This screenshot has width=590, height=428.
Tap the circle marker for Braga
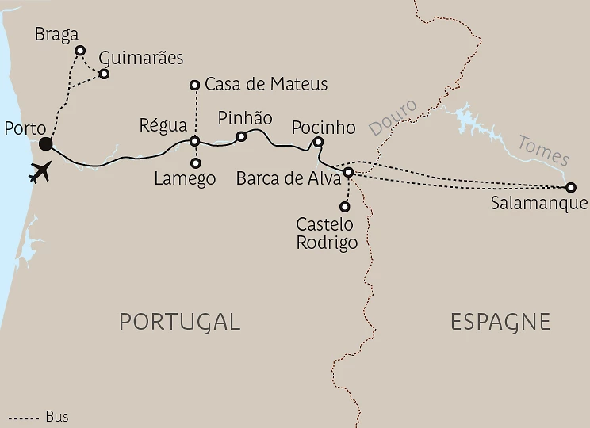point(79,51)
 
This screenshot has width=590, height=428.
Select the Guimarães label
point(141,58)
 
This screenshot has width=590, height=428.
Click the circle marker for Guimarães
point(103,74)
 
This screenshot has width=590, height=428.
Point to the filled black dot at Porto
point(46,143)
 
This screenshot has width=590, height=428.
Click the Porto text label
point(25,128)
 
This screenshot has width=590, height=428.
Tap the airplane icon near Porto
point(40,171)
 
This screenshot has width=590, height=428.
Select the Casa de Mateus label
point(266,84)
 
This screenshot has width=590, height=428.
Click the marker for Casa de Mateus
point(195,84)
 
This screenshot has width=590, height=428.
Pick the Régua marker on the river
point(195,142)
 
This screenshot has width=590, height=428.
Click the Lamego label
point(186,179)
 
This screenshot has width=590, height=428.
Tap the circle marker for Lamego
point(195,162)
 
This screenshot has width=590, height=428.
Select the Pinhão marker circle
point(242,136)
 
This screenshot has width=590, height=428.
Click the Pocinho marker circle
point(318,142)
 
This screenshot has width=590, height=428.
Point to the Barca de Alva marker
point(348,172)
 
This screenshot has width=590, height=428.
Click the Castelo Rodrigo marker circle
point(344,207)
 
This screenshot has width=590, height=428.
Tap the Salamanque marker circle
point(570,188)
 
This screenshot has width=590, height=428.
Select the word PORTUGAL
point(179,321)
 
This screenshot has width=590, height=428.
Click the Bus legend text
point(57,416)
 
